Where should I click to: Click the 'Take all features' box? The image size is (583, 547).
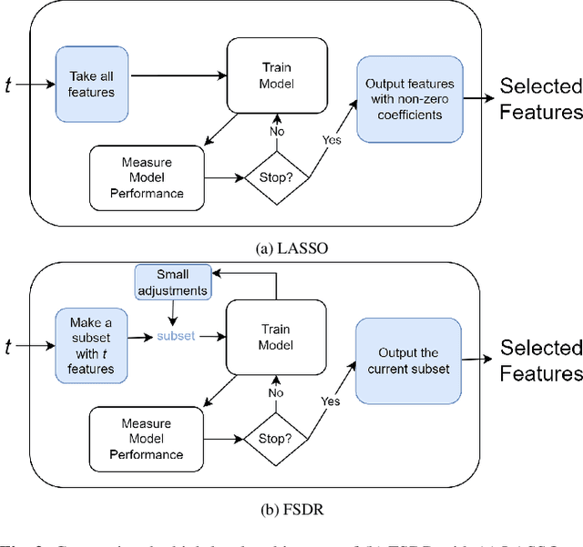(x=90, y=84)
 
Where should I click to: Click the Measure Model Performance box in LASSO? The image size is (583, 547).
(x=147, y=177)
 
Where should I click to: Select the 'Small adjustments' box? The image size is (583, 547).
(x=172, y=280)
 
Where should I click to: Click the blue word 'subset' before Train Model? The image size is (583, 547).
(x=175, y=336)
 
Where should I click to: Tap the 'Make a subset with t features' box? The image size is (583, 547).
(x=90, y=345)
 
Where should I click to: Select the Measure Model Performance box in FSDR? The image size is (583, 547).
(x=147, y=439)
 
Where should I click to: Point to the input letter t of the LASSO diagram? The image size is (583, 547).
(x=10, y=84)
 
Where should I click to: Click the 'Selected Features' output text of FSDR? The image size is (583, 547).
(x=541, y=360)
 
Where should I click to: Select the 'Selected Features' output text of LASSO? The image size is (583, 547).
(x=541, y=99)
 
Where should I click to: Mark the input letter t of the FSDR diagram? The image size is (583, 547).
(x=10, y=345)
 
